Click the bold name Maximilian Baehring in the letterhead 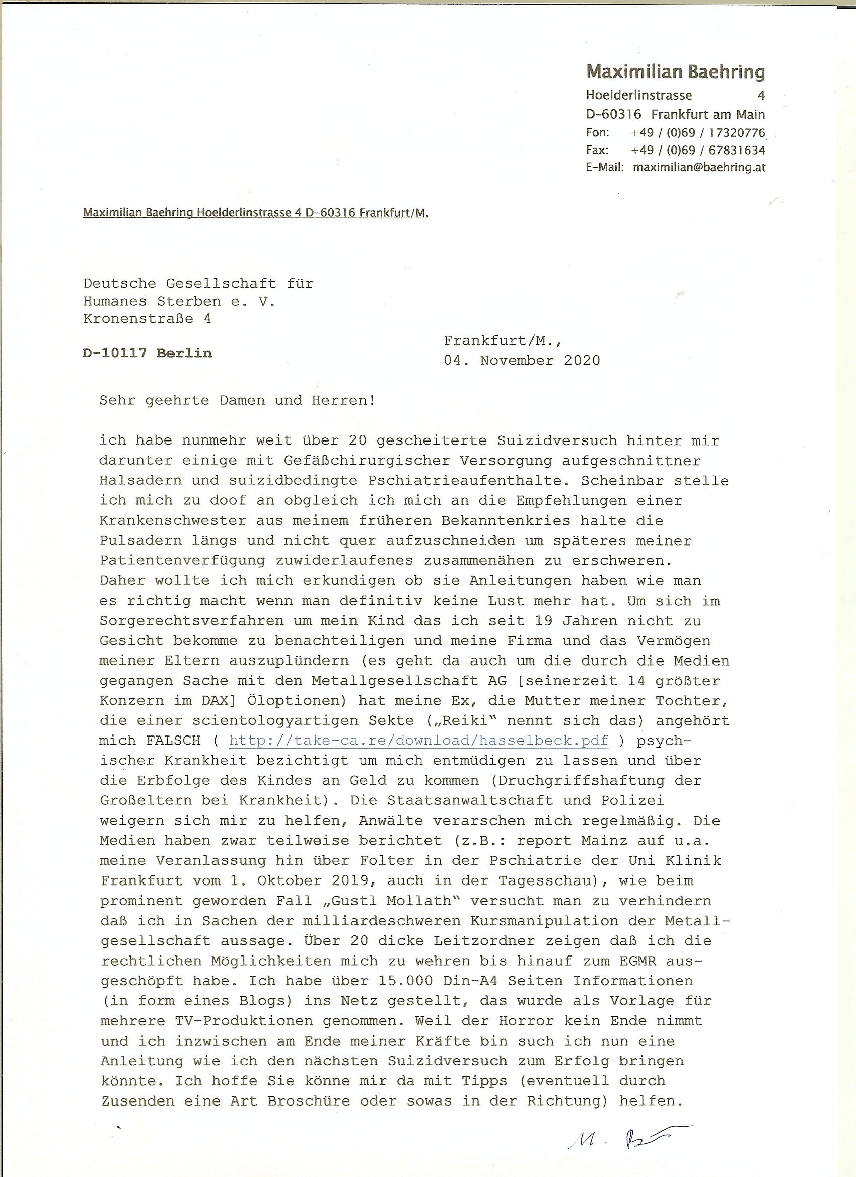(x=675, y=71)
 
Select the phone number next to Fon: (x=698, y=133)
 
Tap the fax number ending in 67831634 (x=698, y=151)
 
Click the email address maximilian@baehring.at (x=699, y=168)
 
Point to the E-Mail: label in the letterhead (x=604, y=168)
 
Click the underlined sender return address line (x=255, y=213)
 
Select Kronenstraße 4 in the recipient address (x=148, y=318)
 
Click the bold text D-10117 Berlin (x=148, y=353)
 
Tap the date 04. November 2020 (x=521, y=360)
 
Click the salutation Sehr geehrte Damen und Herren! (x=237, y=401)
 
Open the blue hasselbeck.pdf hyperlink (x=418, y=741)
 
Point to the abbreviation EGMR (x=647, y=961)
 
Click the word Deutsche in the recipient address (x=119, y=283)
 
